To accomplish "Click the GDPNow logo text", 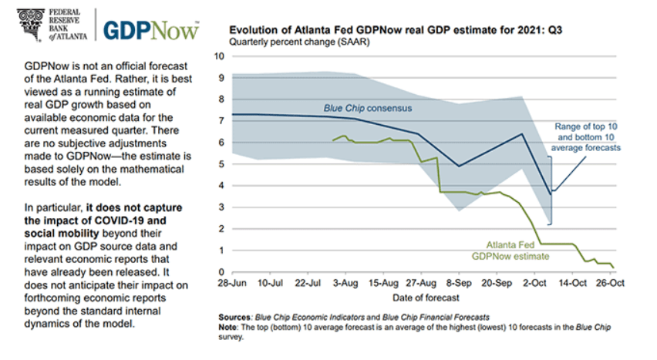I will pyautogui.click(x=151, y=29).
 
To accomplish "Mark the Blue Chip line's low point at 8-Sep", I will pyautogui.click(x=460, y=166).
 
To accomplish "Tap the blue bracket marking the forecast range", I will pyautogui.click(x=551, y=189).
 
